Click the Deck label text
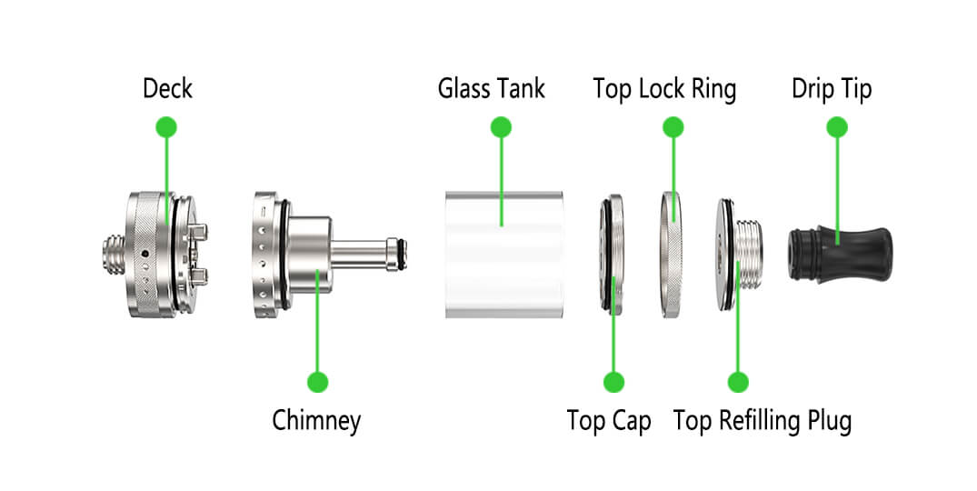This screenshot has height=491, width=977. pyautogui.click(x=167, y=89)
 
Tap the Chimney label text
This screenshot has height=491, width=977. pyautogui.click(x=316, y=421)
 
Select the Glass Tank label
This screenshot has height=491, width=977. pyautogui.click(x=492, y=89)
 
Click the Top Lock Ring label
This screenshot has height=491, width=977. pyautogui.click(x=664, y=89)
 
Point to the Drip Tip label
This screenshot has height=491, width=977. pyautogui.click(x=832, y=89)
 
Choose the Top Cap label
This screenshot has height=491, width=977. pyautogui.click(x=609, y=421)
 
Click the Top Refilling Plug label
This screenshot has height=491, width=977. pyautogui.click(x=762, y=421)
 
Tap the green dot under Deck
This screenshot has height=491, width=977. pyautogui.click(x=166, y=126)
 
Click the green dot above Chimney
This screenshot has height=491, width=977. pyautogui.click(x=317, y=382)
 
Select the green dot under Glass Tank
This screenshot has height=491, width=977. pyautogui.click(x=501, y=126)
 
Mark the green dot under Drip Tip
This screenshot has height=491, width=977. pyautogui.click(x=837, y=126)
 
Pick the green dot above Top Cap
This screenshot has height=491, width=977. pyautogui.click(x=613, y=382)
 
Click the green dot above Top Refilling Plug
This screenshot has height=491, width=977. pyautogui.click(x=738, y=382)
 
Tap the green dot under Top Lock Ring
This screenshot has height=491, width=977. pyautogui.click(x=673, y=126)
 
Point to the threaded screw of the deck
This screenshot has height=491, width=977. pyautogui.click(x=113, y=252)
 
